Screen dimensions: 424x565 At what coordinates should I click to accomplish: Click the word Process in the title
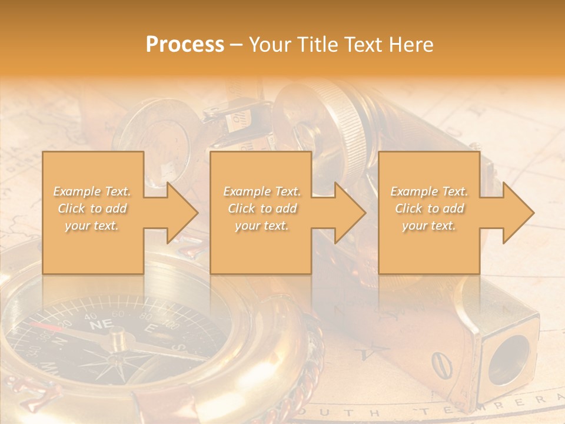click(x=185, y=45)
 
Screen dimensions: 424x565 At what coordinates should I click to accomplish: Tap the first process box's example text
click(x=92, y=208)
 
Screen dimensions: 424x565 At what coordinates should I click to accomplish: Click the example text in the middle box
click(x=261, y=208)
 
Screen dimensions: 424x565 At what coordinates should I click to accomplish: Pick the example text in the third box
click(x=429, y=208)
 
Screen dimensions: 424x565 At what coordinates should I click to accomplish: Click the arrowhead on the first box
click(x=180, y=213)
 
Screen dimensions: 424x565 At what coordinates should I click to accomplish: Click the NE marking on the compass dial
click(x=98, y=325)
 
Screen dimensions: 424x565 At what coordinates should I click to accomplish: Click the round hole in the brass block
click(x=509, y=360)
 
